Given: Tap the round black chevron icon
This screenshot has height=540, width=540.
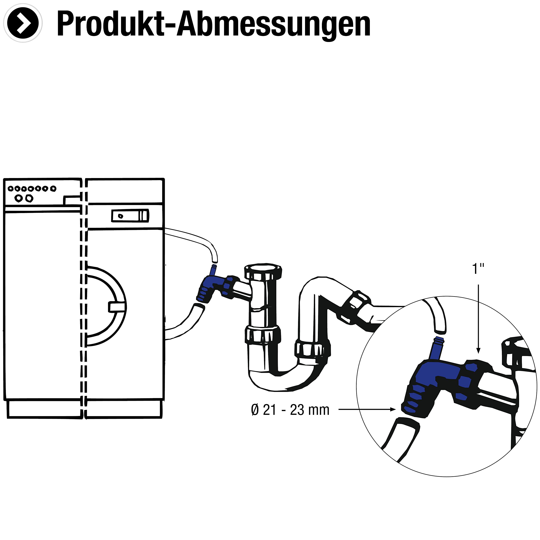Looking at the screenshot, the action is pyautogui.click(x=23, y=23).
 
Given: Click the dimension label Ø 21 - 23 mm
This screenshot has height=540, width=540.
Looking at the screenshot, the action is pyautogui.click(x=290, y=410).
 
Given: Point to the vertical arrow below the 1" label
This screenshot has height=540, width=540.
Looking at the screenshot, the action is pyautogui.click(x=478, y=319).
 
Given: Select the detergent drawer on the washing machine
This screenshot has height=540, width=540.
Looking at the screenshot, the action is pyautogui.click(x=130, y=216).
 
